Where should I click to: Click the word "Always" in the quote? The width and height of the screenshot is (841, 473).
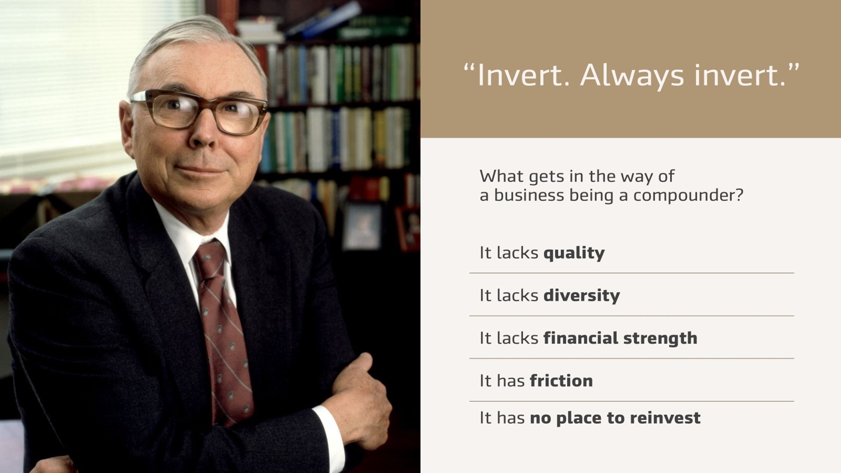(x=632, y=76)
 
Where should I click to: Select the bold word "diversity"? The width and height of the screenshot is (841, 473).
(x=582, y=295)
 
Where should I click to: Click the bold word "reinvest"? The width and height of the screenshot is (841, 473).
(x=665, y=418)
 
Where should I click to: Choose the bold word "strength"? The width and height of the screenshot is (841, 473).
(x=660, y=338)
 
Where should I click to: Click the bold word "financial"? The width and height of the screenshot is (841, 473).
(x=580, y=338)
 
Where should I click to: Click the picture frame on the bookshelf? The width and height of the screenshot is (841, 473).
(x=362, y=226)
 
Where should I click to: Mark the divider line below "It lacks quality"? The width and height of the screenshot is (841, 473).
(x=631, y=273)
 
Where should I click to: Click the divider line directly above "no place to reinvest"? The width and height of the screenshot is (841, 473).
(x=631, y=401)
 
